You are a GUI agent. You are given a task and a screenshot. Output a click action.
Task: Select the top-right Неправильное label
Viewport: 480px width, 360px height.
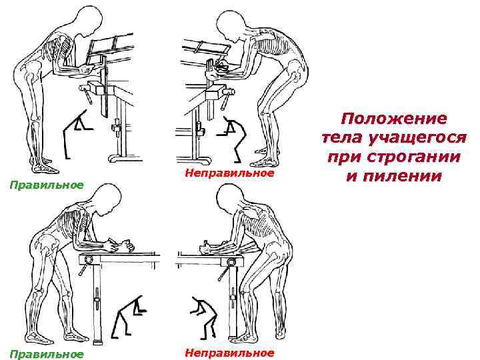click(x=228, y=173)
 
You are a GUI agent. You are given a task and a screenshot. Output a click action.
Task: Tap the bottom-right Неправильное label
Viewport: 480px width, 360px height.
click(x=228, y=352)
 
